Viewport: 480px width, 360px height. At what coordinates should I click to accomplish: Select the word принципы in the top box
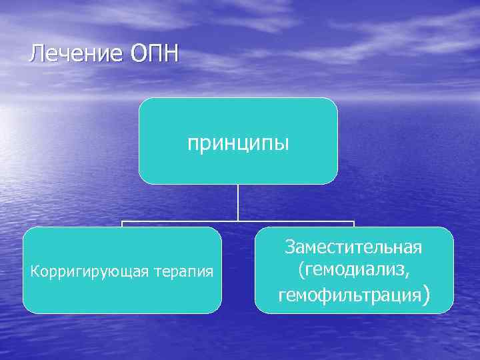(x=238, y=143)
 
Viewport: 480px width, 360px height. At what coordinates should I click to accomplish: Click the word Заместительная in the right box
(x=353, y=247)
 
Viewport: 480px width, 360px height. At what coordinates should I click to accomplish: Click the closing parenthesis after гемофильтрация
(x=425, y=294)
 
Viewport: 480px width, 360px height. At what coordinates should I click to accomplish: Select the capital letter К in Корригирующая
(x=35, y=271)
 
